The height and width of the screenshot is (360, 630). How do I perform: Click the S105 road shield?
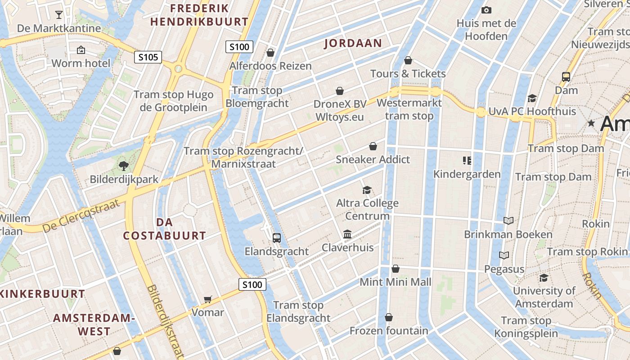tap(148, 57)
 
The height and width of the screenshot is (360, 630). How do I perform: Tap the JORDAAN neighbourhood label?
tap(353, 43)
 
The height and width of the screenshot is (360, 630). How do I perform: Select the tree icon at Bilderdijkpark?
tap(124, 166)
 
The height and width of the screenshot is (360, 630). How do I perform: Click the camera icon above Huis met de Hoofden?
tap(486, 10)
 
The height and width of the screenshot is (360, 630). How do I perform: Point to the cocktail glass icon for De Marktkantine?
tap(59, 15)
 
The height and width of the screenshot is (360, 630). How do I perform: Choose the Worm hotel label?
tap(81, 63)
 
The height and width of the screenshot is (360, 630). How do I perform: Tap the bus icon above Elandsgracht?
tap(277, 238)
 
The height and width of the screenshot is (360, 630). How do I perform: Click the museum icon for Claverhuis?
tap(347, 234)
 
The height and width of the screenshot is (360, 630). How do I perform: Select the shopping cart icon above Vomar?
tap(207, 299)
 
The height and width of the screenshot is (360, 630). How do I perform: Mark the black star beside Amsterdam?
tap(591, 123)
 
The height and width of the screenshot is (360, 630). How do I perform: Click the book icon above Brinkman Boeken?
tap(508, 220)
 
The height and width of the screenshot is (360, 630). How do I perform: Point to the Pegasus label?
tap(504, 269)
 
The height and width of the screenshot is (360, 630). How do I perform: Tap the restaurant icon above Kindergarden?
tap(467, 160)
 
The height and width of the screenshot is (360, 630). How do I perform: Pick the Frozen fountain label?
tap(389, 331)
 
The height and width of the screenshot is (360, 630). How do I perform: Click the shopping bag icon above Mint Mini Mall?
tap(395, 269)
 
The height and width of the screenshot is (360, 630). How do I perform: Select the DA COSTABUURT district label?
tap(164, 229)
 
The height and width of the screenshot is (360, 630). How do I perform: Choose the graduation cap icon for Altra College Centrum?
tap(367, 190)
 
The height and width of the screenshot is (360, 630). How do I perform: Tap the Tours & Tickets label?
tap(408, 73)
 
